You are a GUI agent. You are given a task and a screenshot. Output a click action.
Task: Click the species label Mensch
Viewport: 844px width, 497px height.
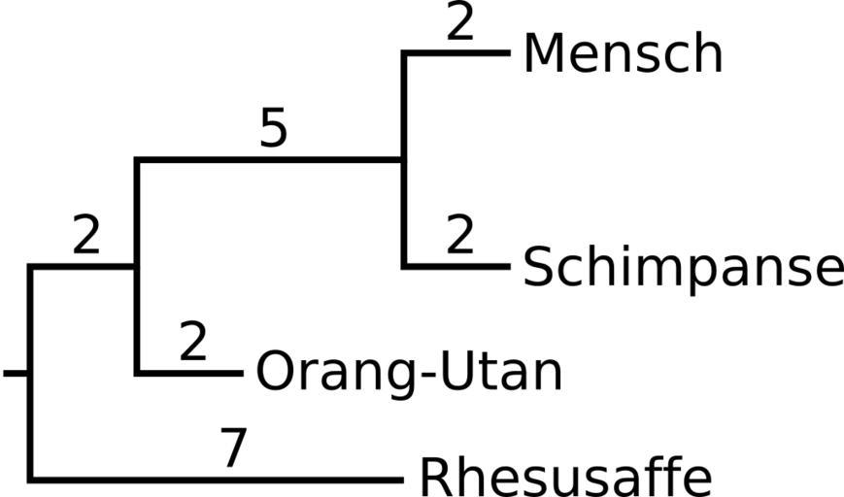(623, 54)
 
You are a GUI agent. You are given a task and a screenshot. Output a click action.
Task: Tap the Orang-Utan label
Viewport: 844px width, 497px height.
(409, 372)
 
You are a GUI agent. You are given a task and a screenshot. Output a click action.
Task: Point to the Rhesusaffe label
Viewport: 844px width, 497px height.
(565, 476)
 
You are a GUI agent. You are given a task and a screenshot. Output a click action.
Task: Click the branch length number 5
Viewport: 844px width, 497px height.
(274, 129)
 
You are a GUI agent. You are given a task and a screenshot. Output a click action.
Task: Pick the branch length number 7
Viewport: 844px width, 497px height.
(232, 449)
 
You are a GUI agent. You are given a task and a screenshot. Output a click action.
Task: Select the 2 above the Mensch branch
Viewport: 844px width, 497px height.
(460, 23)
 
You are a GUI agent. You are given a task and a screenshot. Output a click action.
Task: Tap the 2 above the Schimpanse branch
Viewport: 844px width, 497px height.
(460, 236)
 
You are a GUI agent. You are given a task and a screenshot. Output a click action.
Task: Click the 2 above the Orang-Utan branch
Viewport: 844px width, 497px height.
(193, 343)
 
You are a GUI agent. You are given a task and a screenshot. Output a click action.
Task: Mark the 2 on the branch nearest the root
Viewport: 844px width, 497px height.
(86, 237)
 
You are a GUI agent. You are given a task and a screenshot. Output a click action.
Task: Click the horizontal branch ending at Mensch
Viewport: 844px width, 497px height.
(456, 52)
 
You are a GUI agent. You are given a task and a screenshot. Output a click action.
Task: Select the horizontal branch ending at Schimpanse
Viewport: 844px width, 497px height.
(456, 265)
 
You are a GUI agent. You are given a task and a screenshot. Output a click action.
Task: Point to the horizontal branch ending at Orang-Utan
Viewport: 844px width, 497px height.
(189, 372)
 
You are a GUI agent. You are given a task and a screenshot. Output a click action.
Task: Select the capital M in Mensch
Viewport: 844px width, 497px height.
(545, 54)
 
